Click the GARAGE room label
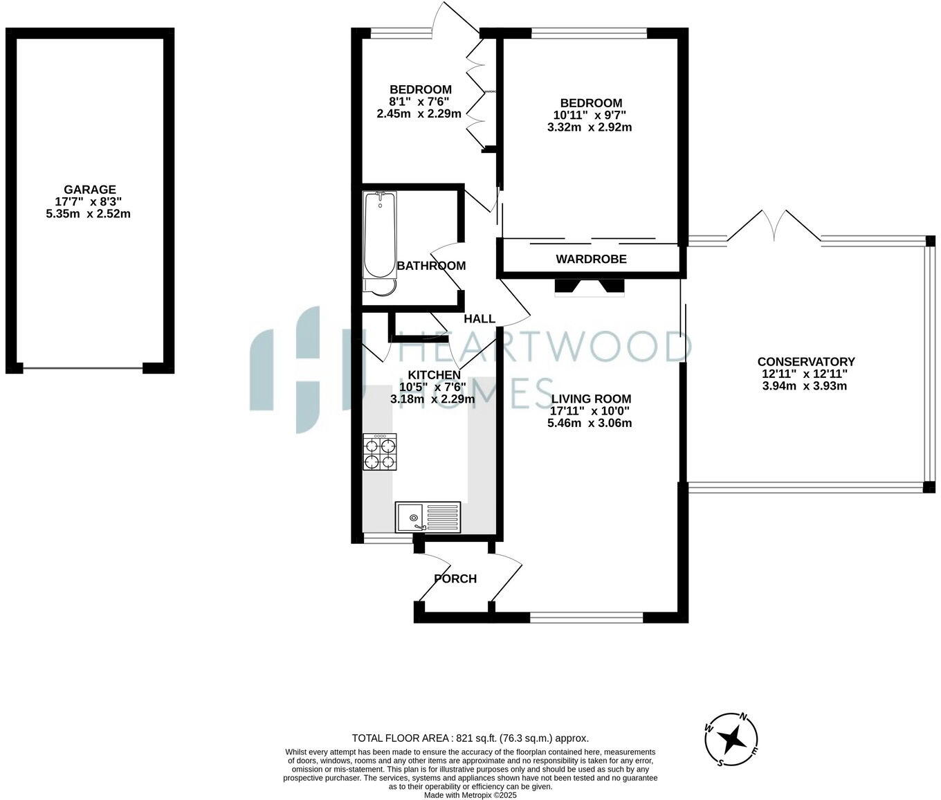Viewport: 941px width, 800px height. [x=89, y=190]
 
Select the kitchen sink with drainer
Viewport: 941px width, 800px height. [x=428, y=517]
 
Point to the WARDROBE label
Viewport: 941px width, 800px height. [x=591, y=260]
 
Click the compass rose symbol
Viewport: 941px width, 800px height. [x=731, y=740]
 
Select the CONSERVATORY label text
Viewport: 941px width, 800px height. [x=805, y=362]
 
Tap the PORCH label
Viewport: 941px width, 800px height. [x=455, y=579]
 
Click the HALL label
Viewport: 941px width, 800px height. [x=479, y=319]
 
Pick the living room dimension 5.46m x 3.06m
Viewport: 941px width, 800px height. [x=590, y=424]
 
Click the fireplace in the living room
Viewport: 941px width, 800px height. [x=590, y=287]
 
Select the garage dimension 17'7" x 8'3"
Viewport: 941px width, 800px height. [x=89, y=202]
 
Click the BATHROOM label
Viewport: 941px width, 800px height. [x=431, y=266]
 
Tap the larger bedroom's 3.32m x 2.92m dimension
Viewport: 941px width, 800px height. [x=590, y=127]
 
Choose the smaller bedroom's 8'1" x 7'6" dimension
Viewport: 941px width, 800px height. [x=419, y=102]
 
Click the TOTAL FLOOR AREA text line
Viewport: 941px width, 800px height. [x=470, y=738]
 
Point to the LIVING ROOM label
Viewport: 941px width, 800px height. [x=591, y=399]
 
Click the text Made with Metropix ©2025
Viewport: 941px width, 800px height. [x=470, y=795]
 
